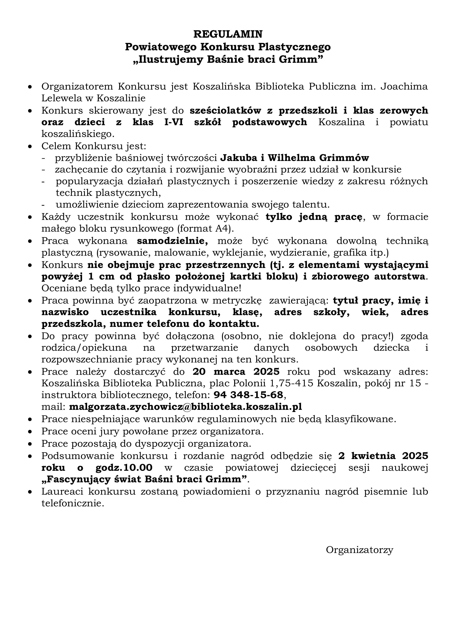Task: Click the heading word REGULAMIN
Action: click(228, 34)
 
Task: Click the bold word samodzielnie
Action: click(172, 241)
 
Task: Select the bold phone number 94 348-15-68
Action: click(248, 395)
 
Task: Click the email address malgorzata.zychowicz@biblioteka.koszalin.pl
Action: click(185, 407)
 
